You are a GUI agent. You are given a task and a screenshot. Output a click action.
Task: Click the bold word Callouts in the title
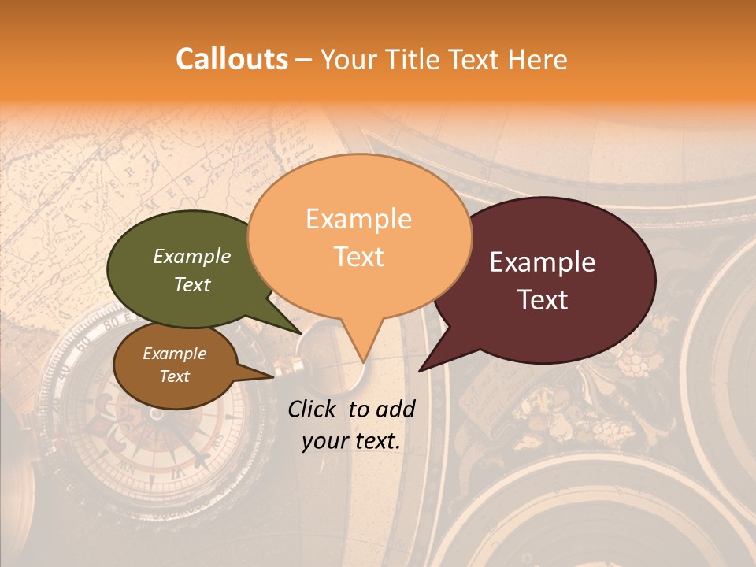(x=232, y=59)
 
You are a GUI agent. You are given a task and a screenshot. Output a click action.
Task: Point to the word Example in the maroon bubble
(x=543, y=262)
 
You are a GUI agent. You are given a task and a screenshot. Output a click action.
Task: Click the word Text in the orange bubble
(x=359, y=257)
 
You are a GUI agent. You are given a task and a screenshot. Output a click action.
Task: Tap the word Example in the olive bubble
(x=192, y=256)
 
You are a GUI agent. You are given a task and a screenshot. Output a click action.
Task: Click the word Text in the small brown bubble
(x=175, y=376)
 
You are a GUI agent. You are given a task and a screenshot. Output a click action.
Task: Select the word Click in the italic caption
(x=313, y=409)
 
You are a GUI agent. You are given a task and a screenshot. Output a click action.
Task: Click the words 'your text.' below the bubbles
(x=351, y=442)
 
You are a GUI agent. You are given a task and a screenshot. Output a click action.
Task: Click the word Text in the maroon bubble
(x=543, y=300)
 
